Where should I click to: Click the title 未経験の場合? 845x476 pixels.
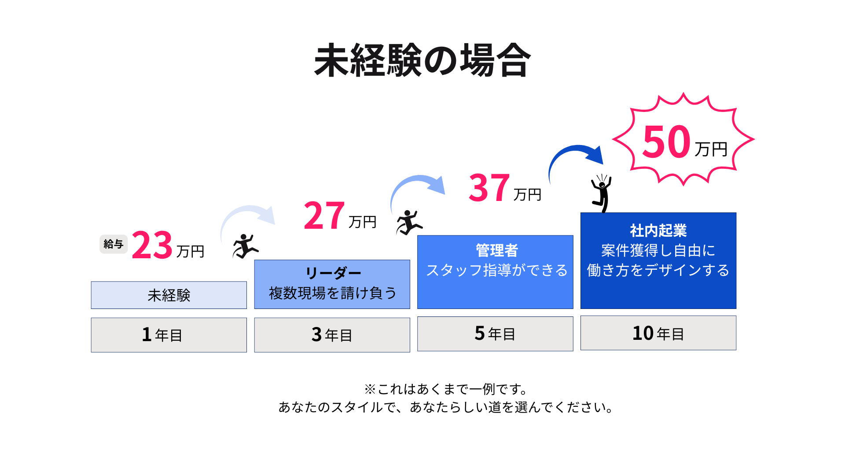click(422, 61)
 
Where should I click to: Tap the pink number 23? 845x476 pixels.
click(152, 245)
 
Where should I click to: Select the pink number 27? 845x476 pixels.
click(324, 216)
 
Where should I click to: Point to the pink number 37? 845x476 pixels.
click(489, 188)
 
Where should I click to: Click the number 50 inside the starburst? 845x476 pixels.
click(666, 142)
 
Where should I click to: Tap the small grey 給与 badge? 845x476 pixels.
click(114, 244)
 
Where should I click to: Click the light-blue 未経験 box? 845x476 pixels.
click(169, 295)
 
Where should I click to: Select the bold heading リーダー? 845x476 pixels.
click(333, 273)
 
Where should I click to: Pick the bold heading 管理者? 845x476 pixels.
click(497, 250)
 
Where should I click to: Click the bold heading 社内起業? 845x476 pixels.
click(658, 230)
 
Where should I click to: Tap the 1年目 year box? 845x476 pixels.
click(169, 335)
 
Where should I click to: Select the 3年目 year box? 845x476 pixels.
click(332, 335)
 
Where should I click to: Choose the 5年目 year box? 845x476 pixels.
click(495, 334)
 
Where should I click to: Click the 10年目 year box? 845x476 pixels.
click(658, 333)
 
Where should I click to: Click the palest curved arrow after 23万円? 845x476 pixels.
click(246, 208)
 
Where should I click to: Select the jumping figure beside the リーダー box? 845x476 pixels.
click(245, 246)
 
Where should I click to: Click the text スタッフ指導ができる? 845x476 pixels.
click(497, 270)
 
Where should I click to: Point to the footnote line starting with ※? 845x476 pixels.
click(445, 389)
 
